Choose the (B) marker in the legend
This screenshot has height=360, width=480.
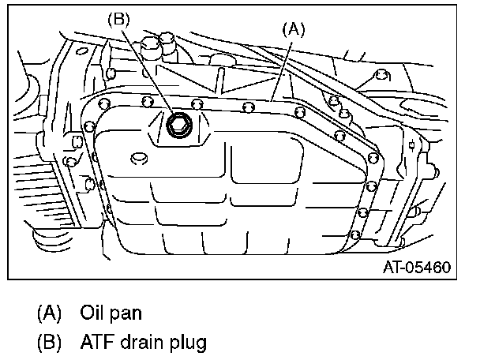(x=49, y=342)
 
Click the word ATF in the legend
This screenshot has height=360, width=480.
(x=96, y=342)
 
